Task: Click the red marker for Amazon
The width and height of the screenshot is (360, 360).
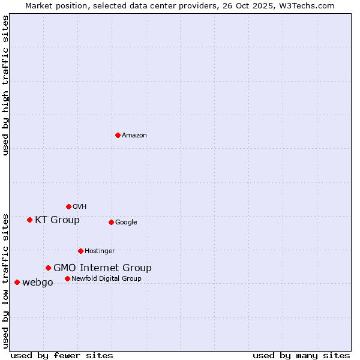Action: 118,135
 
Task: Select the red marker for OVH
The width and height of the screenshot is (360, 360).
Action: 68,206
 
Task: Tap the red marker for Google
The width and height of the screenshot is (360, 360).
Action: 111,222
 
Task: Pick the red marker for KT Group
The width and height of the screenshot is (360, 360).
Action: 29,220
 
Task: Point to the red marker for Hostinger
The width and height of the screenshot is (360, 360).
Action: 80,251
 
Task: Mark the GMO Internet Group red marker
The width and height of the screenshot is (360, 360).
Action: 48,268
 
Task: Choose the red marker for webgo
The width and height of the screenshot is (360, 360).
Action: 17,282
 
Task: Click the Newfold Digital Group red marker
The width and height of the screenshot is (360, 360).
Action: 67,278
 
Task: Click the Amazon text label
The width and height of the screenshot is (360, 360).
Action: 134,136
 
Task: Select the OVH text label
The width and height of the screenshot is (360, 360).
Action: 80,207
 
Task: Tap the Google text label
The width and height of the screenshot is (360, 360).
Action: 126,223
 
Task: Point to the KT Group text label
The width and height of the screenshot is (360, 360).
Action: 57,220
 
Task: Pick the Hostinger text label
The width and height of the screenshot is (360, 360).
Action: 100,251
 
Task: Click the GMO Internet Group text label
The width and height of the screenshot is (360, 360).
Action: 103,268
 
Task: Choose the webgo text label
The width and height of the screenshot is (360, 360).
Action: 38,283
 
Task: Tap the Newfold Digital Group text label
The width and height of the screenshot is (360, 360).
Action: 106,279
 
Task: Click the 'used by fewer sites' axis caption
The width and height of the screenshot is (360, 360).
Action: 62,355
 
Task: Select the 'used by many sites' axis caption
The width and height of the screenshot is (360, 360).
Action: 301,355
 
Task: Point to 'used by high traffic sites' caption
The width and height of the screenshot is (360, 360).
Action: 5,85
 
